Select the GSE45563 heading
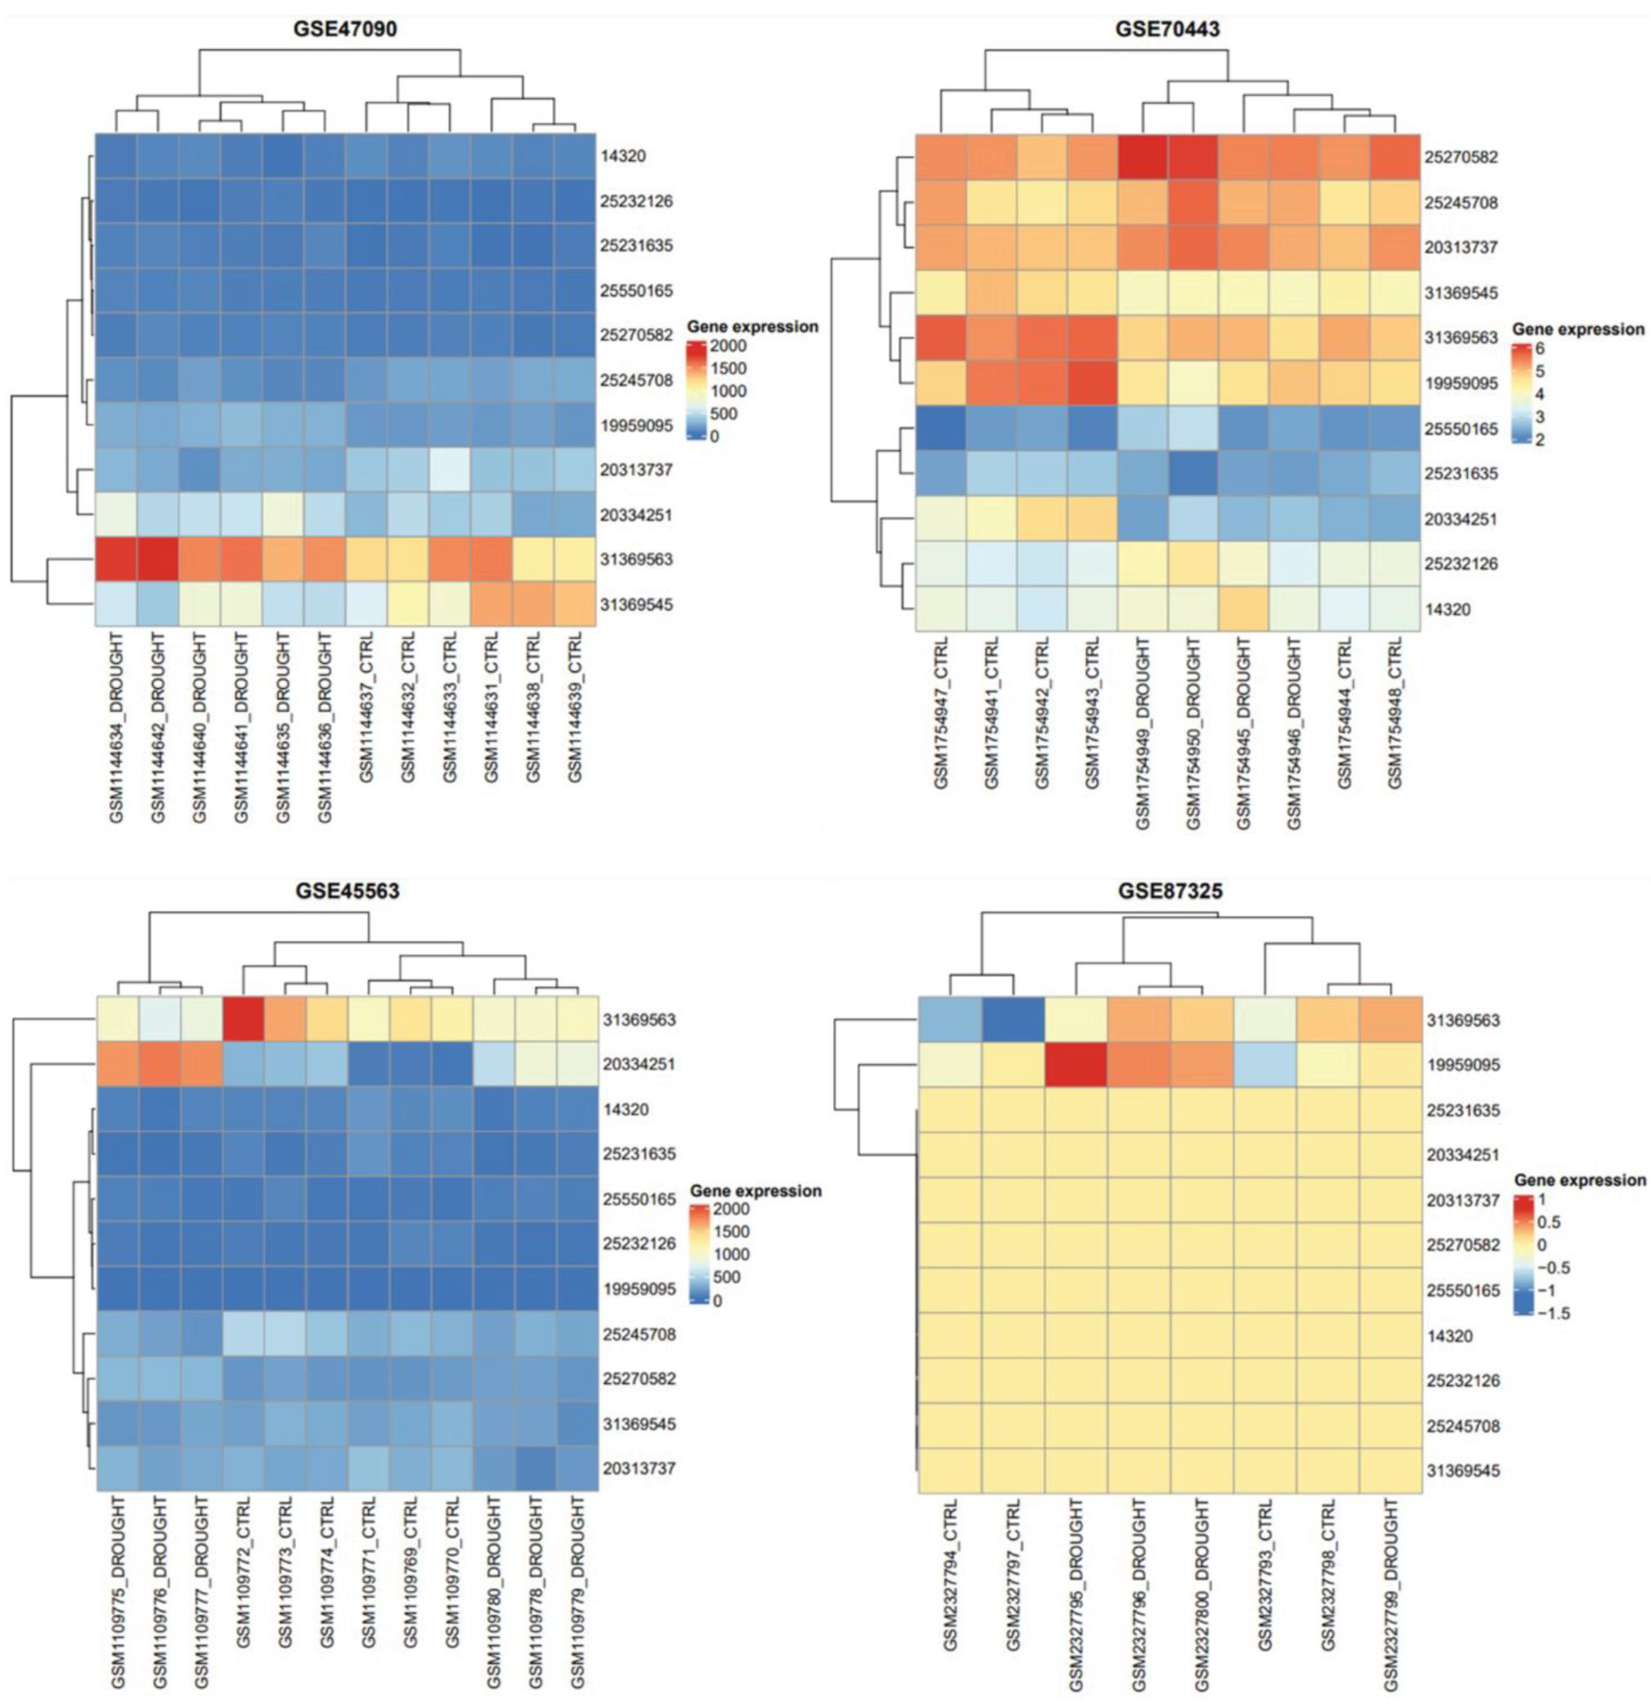(348, 891)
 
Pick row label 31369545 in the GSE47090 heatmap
(637, 604)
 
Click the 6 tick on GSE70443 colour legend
(1539, 348)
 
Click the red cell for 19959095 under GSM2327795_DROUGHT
(1076, 1064)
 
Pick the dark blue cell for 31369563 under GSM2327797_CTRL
(1013, 1019)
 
